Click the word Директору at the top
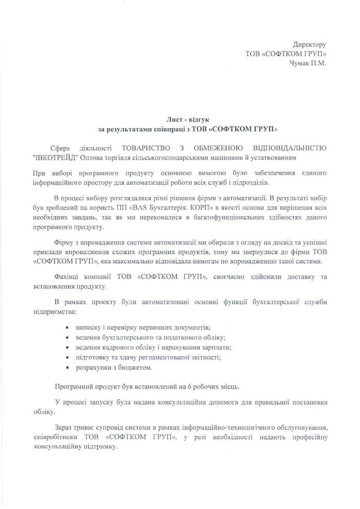309,45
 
